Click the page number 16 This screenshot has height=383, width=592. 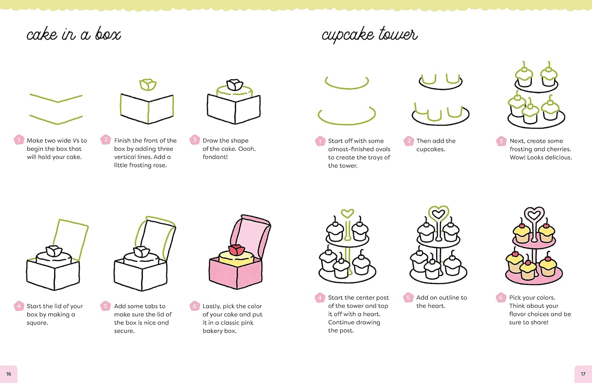point(9,374)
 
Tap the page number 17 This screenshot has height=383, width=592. point(583,374)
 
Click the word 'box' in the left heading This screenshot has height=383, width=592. point(108,35)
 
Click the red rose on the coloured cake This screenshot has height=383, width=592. point(236,250)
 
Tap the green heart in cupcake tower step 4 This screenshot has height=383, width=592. point(347,214)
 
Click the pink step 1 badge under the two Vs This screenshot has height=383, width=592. point(19,140)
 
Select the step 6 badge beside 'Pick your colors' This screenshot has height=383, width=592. point(501,297)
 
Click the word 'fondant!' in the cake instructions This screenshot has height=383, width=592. point(215,157)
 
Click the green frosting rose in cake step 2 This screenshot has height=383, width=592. point(148,84)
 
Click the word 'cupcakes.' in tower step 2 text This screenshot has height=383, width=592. point(431,149)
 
